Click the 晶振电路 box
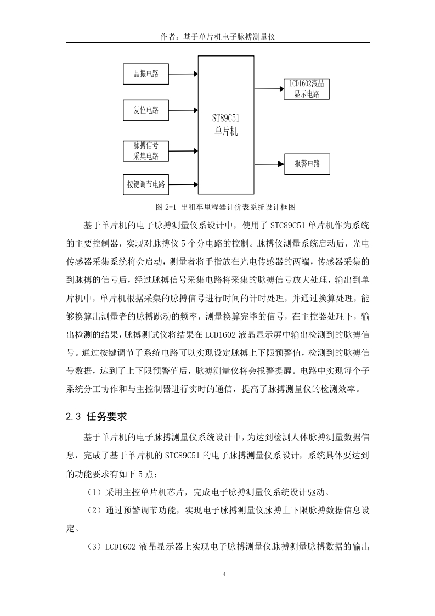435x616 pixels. coord(146,74)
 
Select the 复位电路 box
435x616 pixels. coord(146,110)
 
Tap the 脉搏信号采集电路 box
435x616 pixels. coord(146,151)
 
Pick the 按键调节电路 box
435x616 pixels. coord(146,184)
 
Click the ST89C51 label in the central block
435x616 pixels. coord(226,118)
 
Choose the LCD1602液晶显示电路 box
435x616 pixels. coord(307,89)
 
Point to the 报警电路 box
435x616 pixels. coord(307,164)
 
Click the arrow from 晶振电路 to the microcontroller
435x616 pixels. coord(183,74)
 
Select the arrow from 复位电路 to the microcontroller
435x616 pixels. coord(183,110)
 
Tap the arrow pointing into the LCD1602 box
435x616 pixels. coord(269,89)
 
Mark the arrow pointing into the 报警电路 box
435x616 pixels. coord(269,164)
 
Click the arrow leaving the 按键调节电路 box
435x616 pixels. coord(183,184)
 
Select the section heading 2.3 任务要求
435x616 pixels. coord(96,416)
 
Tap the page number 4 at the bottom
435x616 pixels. coord(224,574)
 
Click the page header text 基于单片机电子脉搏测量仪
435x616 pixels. coord(229,37)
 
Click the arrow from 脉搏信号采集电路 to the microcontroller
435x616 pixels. coord(183,150)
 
